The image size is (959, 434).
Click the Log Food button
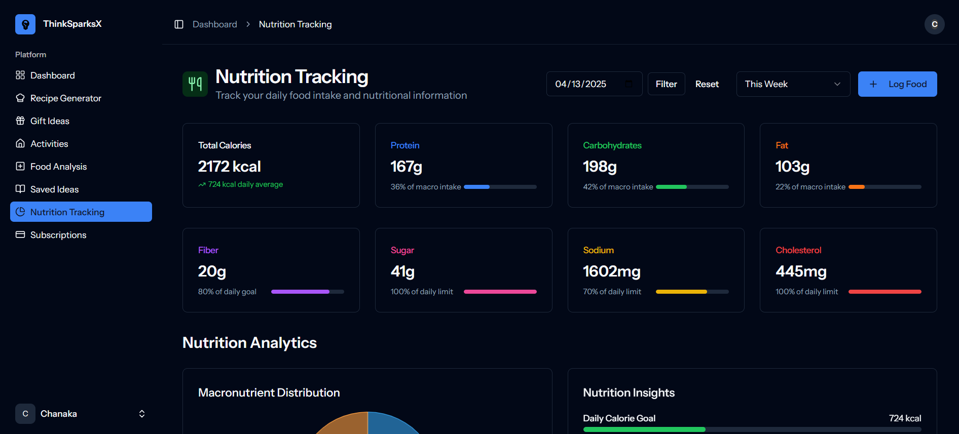[x=897, y=84]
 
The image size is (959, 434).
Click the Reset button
[x=707, y=84]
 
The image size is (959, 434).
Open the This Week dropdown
[x=793, y=84]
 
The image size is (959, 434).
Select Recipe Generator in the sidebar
[x=65, y=98]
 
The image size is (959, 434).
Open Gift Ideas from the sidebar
[x=50, y=121]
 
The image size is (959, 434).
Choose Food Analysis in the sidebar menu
[x=58, y=167]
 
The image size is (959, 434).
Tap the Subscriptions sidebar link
[x=58, y=235]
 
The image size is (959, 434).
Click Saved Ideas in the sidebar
[x=54, y=189]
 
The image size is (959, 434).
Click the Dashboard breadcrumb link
[x=214, y=24]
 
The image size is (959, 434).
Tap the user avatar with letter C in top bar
[x=934, y=24]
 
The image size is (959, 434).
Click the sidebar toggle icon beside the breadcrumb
[x=179, y=24]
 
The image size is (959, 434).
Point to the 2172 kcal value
[x=229, y=167]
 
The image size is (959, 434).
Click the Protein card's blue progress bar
[x=500, y=187]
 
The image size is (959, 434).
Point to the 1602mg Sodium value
[x=611, y=271]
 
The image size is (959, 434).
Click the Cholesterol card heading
[x=798, y=250]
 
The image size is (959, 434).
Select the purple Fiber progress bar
[x=307, y=292]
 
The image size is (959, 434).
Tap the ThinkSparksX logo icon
[x=25, y=24]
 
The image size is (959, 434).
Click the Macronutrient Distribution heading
[x=269, y=392]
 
